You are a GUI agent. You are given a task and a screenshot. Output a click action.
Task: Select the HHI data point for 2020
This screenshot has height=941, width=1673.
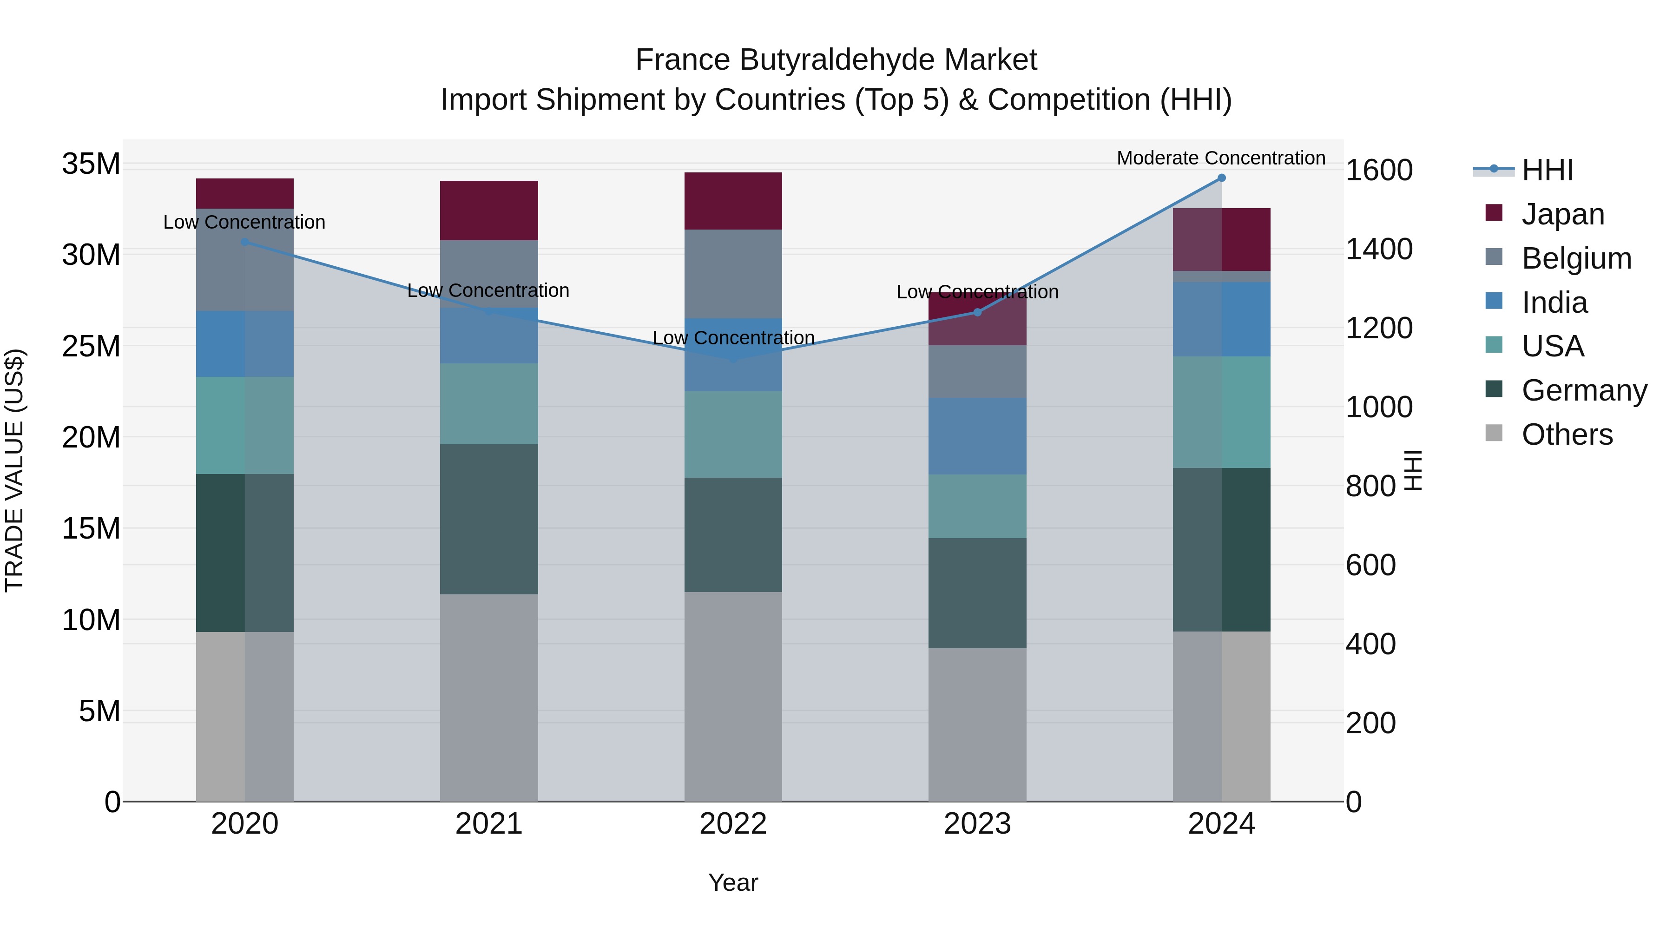pos(245,242)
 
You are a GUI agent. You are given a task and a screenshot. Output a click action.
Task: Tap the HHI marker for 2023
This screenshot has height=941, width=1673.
pos(977,312)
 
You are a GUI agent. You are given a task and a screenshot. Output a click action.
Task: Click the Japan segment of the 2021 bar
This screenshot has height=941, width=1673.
pos(489,211)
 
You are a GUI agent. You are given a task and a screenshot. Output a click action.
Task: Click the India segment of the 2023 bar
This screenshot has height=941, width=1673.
pos(977,436)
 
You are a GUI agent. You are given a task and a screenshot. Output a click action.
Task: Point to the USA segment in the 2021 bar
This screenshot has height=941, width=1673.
pos(489,403)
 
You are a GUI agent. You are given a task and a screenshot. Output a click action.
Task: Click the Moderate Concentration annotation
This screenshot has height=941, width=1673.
pos(1221,158)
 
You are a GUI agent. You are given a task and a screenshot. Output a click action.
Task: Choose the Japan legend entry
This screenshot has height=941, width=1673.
pos(1562,214)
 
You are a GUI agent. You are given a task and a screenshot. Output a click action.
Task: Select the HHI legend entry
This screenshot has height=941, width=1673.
pos(1547,170)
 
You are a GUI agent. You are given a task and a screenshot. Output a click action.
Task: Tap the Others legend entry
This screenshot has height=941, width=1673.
pos(1567,434)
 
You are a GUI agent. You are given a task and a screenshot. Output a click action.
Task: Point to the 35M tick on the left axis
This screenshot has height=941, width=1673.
pos(91,164)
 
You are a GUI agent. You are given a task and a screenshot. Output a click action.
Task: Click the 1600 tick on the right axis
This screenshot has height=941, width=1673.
pos(1378,170)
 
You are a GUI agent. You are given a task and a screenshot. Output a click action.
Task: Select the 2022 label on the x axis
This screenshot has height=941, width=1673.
pos(733,824)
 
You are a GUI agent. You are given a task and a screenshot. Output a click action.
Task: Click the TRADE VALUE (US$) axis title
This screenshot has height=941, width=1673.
pos(14,470)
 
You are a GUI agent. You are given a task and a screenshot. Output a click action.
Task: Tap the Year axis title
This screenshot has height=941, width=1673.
pos(733,882)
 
